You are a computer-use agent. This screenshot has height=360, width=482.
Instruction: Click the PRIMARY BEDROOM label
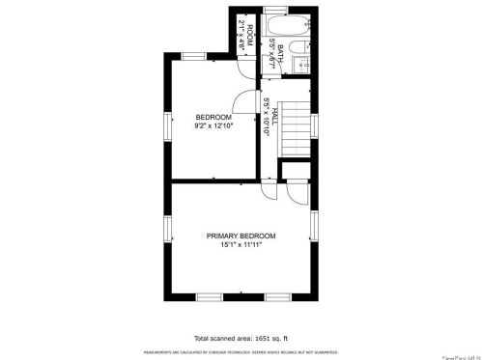[x=241, y=236]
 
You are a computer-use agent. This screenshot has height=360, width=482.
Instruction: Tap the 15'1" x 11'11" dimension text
[x=241, y=245]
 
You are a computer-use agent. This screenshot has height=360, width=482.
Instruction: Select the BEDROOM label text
[x=213, y=117]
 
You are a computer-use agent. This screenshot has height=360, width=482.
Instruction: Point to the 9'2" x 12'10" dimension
[x=213, y=125]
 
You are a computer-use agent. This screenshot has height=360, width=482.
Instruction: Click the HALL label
[x=275, y=117]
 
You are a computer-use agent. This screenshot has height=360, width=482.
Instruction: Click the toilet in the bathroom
[x=300, y=65]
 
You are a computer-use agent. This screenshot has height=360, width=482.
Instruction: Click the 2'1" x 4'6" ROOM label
[x=248, y=37]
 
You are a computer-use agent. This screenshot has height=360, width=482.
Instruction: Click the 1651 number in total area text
[x=248, y=339]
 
